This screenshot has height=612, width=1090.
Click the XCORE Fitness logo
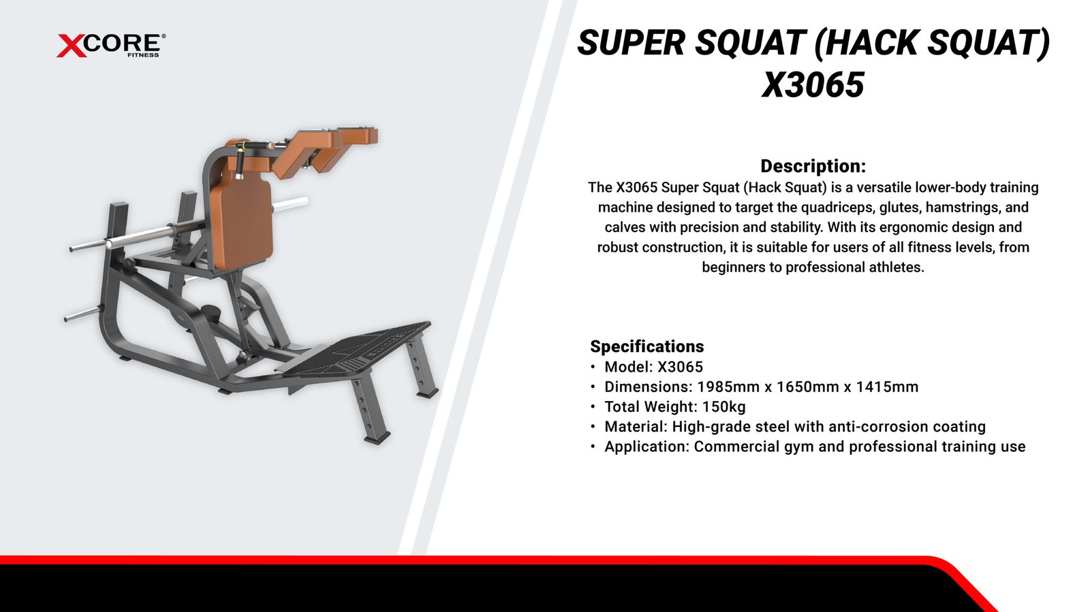pyautogui.click(x=111, y=46)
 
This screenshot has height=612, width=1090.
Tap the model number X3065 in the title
pyautogui.click(x=813, y=85)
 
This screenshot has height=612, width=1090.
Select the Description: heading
pyautogui.click(x=813, y=165)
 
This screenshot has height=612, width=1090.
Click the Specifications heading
pyautogui.click(x=647, y=346)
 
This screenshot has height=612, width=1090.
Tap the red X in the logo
pyautogui.click(x=72, y=46)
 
